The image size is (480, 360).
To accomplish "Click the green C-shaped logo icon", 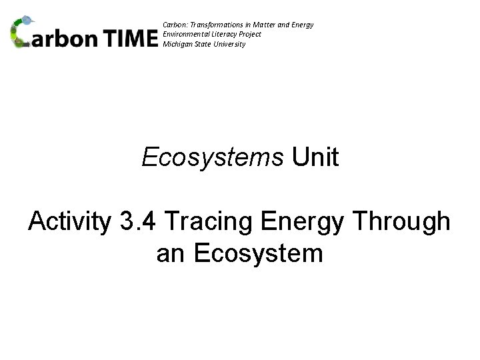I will pyautogui.click(x=23, y=33).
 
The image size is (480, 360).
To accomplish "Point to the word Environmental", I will pyautogui.click(x=184, y=34).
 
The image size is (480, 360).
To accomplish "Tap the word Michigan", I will pyautogui.click(x=177, y=44).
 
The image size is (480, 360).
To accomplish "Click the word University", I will pyautogui.click(x=231, y=44).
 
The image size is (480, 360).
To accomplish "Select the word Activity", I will pyautogui.click(x=69, y=223).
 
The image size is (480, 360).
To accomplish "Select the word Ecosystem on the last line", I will pyautogui.click(x=257, y=253).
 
